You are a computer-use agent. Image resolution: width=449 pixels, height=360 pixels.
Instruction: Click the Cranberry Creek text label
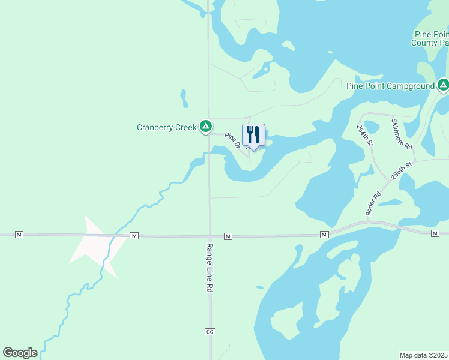point(167,127)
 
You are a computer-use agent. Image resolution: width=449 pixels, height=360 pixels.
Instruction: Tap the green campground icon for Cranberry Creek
point(205,126)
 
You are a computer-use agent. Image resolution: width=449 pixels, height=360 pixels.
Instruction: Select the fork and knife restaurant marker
point(253,135)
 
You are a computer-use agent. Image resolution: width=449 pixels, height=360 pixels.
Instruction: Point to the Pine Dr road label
point(232,140)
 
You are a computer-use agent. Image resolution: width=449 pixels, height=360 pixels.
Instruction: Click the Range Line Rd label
point(210,267)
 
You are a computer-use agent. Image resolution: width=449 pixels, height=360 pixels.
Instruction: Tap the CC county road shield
point(209,332)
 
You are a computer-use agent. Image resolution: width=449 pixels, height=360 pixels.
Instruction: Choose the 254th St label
point(365,136)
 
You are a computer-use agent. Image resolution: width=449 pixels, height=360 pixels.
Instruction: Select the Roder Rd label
point(373,203)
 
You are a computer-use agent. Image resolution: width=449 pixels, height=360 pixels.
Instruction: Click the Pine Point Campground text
point(390,86)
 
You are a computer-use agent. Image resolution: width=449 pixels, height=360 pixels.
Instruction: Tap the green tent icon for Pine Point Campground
point(443,85)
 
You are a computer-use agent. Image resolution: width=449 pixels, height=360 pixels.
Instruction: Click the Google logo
point(20,353)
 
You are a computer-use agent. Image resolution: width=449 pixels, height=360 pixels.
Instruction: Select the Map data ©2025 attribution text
point(424,355)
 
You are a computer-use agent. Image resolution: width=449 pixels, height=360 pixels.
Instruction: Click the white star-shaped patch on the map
point(90,243)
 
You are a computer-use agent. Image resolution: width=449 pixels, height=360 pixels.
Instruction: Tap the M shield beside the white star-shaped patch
point(134,236)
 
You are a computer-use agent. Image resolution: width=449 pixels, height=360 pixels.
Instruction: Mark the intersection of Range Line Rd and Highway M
point(209,236)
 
